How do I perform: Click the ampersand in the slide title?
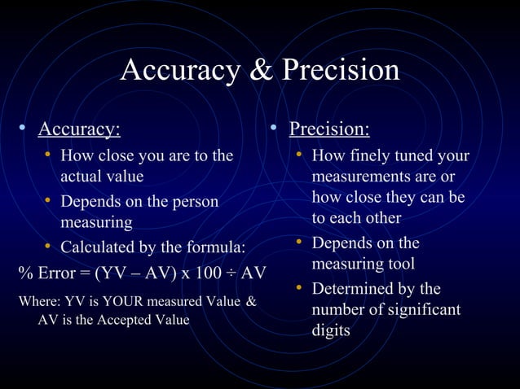click(x=261, y=71)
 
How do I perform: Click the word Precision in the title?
click(x=341, y=71)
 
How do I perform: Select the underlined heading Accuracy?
click(x=79, y=129)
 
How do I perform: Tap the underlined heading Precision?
click(x=329, y=129)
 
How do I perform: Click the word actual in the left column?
click(x=84, y=176)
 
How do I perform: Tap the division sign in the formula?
click(x=233, y=272)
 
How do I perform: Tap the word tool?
click(x=398, y=264)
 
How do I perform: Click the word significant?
click(x=421, y=310)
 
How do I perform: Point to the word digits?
click(x=331, y=330)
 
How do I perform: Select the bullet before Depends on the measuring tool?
click(x=300, y=243)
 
